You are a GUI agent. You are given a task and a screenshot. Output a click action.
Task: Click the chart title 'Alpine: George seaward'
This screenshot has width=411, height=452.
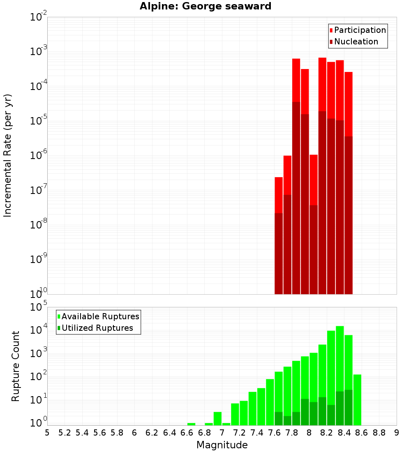pos(205,7)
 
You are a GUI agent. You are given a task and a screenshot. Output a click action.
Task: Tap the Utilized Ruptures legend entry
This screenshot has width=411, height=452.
pos(97,328)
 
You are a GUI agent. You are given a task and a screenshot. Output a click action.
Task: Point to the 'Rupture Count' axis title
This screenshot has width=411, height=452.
pos(16,366)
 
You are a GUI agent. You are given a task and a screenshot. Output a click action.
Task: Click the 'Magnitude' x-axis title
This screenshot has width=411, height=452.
pos(222,445)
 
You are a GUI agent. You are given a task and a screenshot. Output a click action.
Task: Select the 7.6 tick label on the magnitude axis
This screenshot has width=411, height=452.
pos(275,433)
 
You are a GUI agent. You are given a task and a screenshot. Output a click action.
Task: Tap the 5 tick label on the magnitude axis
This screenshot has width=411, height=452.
pos(47,433)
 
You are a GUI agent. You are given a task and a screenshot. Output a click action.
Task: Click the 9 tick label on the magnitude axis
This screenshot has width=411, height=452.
pos(397,433)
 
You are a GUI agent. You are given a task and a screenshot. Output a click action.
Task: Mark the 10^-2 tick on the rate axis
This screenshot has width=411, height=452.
pos(39,17)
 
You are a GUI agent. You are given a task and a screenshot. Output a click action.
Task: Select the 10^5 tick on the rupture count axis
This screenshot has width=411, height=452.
pos(39,307)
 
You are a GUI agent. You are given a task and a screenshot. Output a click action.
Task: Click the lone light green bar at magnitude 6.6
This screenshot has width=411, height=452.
pos(191,424)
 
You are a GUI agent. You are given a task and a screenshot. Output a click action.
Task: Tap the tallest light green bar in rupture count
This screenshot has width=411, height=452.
pos(340,357)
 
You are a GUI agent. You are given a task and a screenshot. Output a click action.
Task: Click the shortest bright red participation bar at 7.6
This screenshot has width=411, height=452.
pos(279,195)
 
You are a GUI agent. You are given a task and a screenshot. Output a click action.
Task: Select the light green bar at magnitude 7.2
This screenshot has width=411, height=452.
pos(244,413)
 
